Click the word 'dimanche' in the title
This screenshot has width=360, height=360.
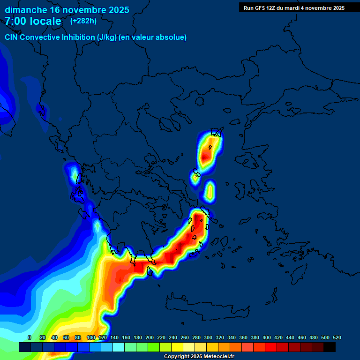click(25, 10)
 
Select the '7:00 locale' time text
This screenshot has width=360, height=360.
click(33, 21)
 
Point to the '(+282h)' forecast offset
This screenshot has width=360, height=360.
click(83, 21)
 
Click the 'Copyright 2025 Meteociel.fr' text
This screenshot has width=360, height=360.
click(199, 357)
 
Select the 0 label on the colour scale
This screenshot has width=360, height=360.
click(30, 337)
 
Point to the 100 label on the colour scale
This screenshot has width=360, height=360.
click(91, 337)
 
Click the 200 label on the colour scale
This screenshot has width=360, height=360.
click(150, 337)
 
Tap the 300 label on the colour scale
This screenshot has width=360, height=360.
click(208, 337)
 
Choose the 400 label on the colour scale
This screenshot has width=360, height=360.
click(267, 337)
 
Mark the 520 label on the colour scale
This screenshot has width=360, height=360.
click(337, 337)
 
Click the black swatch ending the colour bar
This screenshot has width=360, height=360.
click(330, 347)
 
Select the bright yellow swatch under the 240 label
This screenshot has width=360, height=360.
click(177, 347)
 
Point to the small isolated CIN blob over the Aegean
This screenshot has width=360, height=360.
click(210, 191)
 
